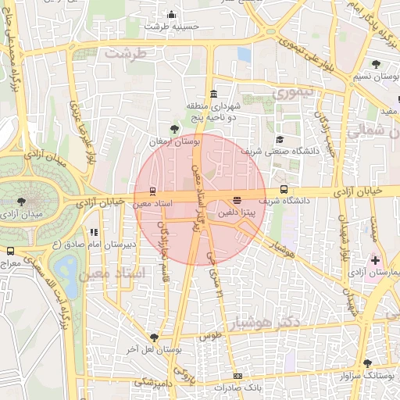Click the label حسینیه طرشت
pos(166,26)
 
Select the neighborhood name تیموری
pos(291,91)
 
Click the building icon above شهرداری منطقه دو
pos(213,94)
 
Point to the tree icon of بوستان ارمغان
pos(174,130)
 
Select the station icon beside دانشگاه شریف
pos(283,189)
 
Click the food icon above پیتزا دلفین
pos(237,199)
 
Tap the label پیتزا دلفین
pos(235,212)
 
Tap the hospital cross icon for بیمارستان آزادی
pos(376,259)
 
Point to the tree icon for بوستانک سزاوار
pos(368,363)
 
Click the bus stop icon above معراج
pos(10,252)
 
